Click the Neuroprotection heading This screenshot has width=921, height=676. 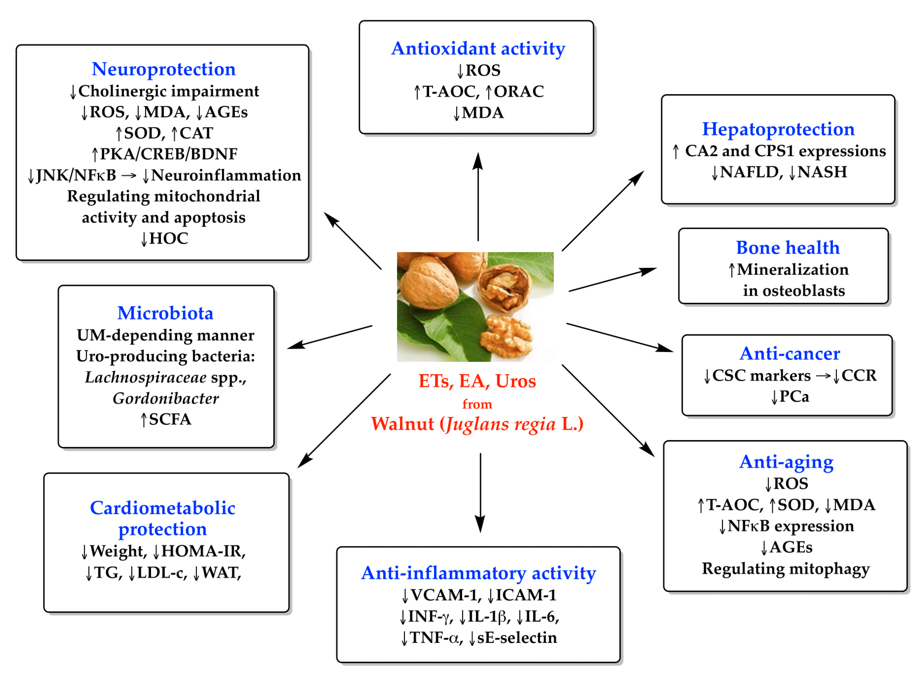[163, 69]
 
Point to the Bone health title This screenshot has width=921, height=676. [787, 248]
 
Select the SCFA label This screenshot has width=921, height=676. [170, 419]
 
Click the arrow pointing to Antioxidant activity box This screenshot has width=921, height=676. [478, 196]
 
